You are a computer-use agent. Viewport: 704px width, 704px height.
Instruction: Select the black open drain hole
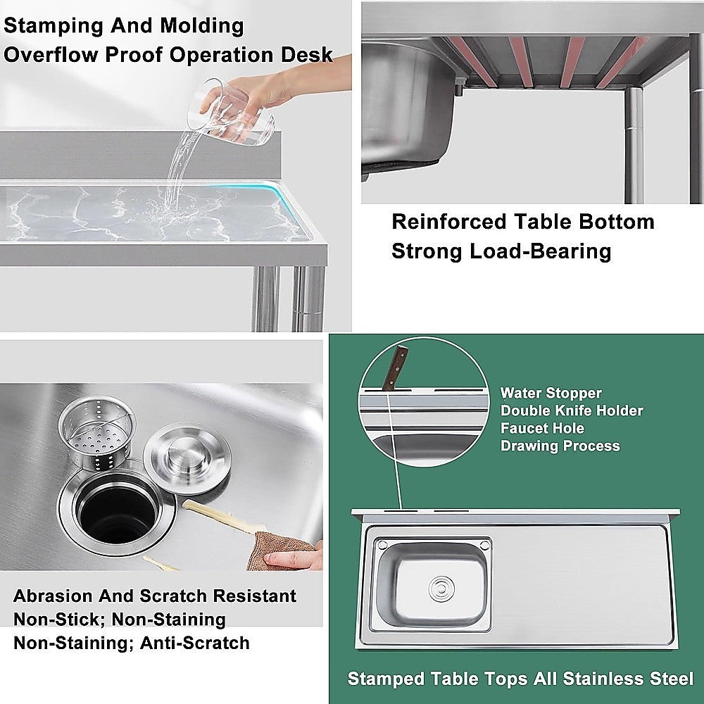116,510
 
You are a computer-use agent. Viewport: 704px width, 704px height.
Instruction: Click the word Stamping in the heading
53,26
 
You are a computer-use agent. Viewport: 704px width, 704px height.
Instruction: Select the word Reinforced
448,222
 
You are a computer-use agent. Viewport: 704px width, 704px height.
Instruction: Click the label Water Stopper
551,393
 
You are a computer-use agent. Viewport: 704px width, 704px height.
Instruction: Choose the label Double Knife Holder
571,410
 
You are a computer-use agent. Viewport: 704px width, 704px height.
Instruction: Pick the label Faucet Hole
542,428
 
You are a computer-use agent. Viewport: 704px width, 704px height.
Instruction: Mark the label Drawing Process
560,446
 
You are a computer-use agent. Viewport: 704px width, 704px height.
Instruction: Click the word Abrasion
54,596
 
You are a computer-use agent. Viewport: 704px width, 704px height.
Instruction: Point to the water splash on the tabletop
162,208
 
